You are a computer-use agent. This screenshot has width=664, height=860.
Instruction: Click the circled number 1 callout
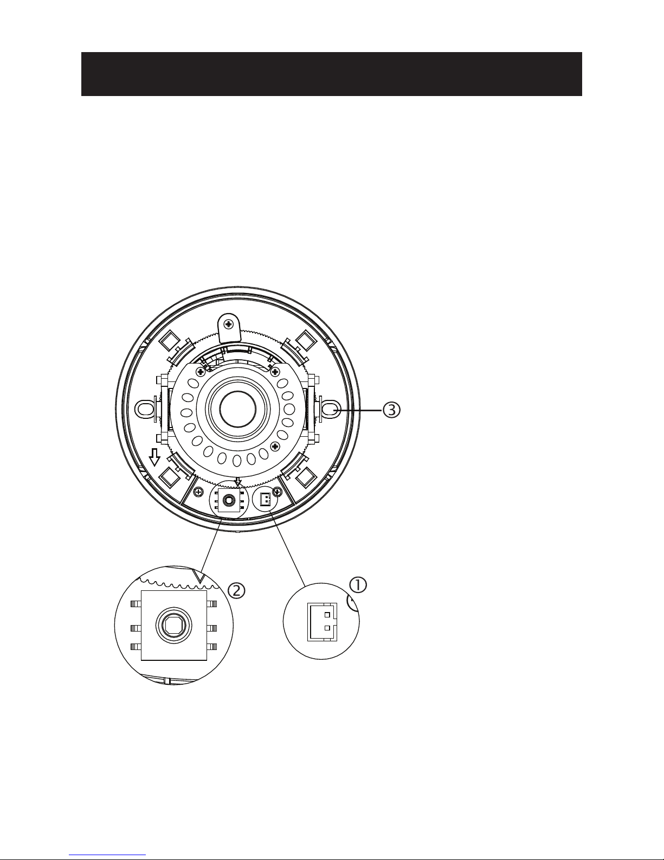358,585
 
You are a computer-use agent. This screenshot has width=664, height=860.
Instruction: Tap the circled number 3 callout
391,410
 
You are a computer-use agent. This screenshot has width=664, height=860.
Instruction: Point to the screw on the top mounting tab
229,324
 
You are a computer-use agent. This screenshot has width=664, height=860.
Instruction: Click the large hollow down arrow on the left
154,457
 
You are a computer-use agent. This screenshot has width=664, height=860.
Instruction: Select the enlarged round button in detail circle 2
174,626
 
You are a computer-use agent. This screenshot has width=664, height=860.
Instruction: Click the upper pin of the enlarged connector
327,615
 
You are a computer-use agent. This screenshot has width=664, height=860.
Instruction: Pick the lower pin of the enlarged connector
327,628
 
